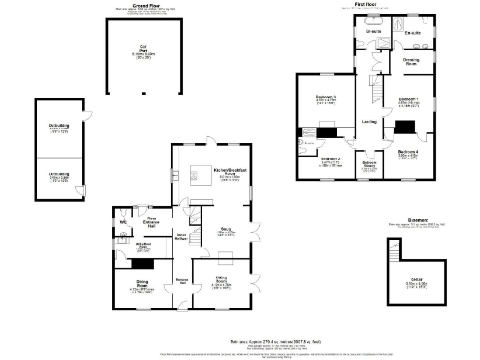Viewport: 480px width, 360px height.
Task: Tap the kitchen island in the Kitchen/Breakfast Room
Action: pyautogui.click(x=199, y=172)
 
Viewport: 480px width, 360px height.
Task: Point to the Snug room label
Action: pyautogui.click(x=225, y=230)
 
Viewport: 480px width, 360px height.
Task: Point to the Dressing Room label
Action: pyautogui.click(x=411, y=62)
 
